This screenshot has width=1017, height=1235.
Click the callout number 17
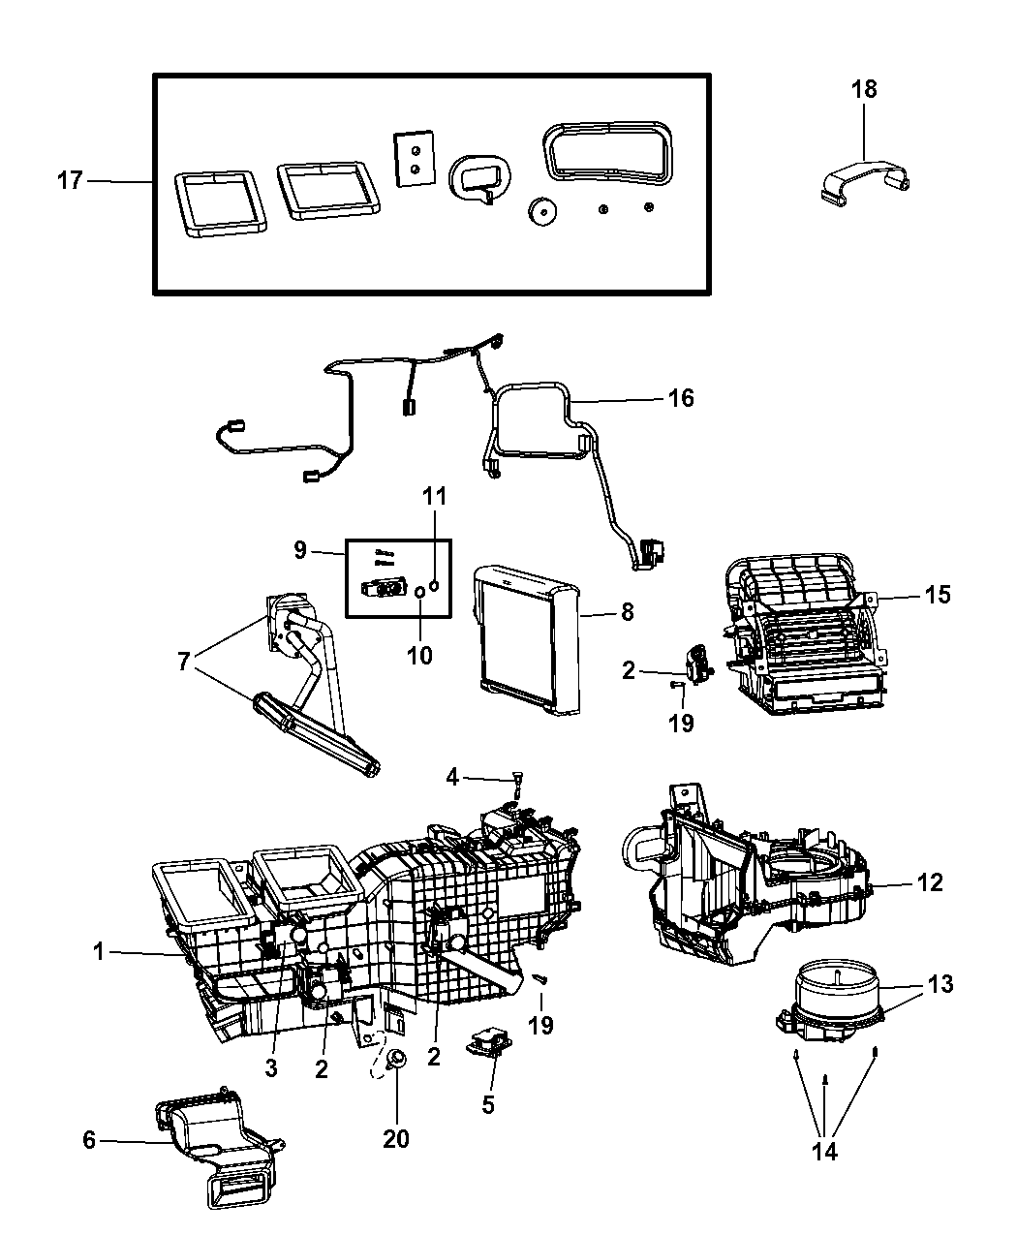pos(71,180)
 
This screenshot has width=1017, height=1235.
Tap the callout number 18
pos(864,90)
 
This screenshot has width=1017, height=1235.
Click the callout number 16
pos(681,398)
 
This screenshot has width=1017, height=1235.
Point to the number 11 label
pos(435,497)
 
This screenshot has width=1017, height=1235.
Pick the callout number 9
pos(300,550)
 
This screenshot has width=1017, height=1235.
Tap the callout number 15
pos(937,594)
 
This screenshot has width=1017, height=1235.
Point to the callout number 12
pos(931,882)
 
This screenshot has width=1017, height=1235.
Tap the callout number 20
pos(396,1138)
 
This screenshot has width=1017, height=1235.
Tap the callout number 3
pos(271,1067)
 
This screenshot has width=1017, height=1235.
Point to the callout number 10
pos(419,656)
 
